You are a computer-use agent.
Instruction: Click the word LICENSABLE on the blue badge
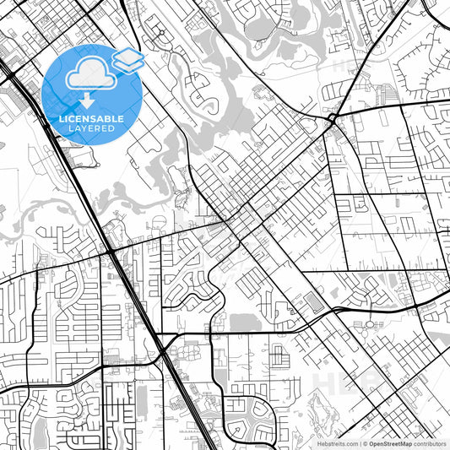coord(91,120)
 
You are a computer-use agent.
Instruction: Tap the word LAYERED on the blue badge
coord(91,129)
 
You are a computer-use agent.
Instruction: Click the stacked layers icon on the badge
coord(127,59)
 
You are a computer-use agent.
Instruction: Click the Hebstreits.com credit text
coord(330,442)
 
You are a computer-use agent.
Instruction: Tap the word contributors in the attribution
coord(431,442)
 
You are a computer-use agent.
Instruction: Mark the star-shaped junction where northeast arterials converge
coord(335,119)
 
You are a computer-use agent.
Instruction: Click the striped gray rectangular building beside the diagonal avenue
coord(313,301)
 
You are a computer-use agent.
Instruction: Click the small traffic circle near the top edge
coord(160,33)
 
